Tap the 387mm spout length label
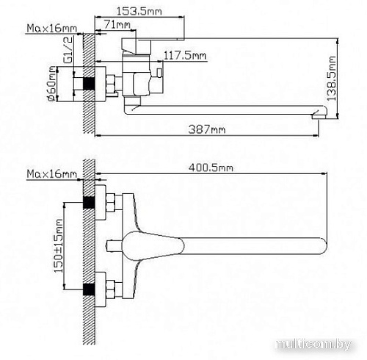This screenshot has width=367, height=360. pos(208,130)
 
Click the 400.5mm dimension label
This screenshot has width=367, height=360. pos(210,168)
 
